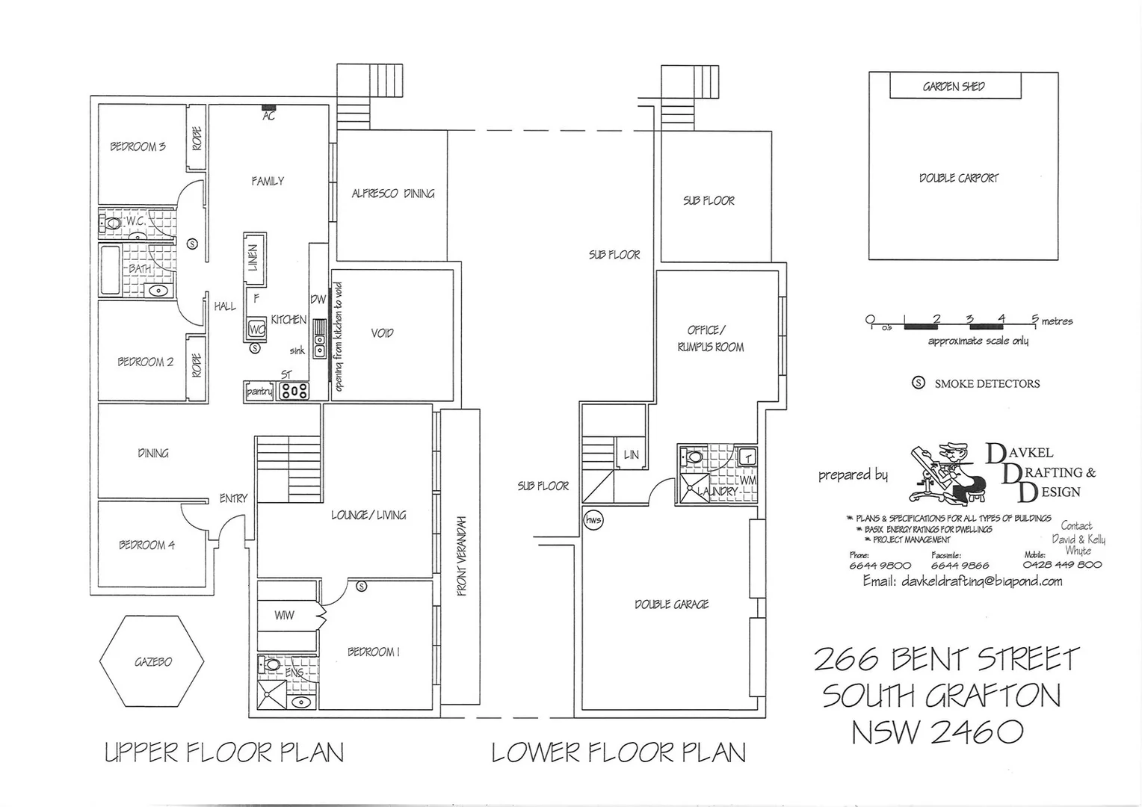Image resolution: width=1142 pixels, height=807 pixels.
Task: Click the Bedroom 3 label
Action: (138, 146)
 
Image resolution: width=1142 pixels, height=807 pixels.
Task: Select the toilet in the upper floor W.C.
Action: (112, 223)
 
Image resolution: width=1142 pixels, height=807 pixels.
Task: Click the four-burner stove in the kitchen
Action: (293, 391)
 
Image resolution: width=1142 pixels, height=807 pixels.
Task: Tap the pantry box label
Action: (259, 392)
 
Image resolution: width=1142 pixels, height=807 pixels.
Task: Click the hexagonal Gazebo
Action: (152, 661)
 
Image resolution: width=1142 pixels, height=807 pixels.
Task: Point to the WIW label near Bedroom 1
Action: (284, 615)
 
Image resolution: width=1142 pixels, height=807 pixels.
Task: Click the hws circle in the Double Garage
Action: (593, 520)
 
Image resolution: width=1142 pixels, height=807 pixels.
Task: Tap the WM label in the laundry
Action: (748, 480)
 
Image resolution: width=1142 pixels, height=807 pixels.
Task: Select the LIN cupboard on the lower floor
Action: (631, 454)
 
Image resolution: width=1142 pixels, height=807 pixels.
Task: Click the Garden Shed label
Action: (954, 87)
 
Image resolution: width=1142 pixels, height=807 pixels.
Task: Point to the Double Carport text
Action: (958, 178)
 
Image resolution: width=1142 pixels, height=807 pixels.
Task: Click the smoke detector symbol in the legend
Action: (919, 383)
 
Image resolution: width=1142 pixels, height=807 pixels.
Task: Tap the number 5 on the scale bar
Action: (1034, 319)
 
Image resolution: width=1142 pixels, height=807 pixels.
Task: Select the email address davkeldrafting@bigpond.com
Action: (981, 581)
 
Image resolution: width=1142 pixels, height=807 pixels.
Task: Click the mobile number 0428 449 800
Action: (1062, 565)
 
